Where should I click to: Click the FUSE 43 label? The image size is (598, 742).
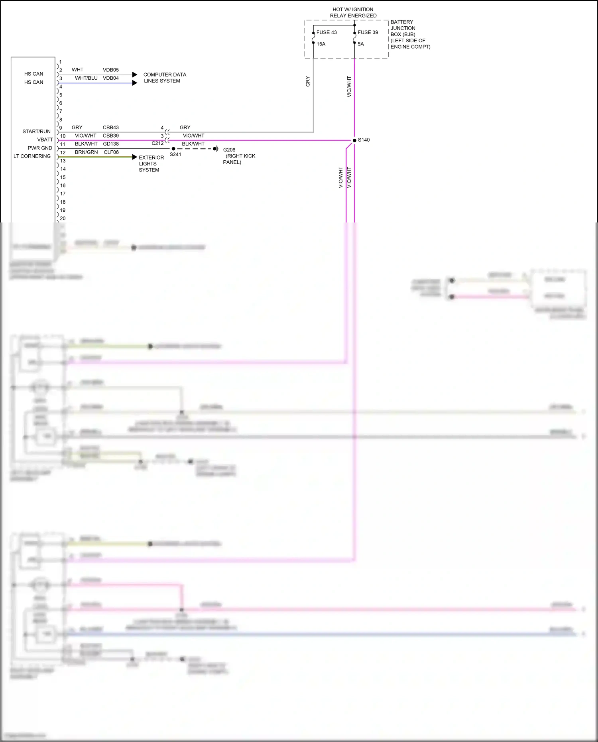point(326,32)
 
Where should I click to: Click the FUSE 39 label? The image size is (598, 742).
point(368,32)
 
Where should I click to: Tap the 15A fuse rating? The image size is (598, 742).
point(321,44)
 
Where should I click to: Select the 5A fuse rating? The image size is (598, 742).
point(361,44)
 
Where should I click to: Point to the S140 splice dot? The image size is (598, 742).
point(354,140)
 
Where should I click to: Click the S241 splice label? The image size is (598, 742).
point(175,154)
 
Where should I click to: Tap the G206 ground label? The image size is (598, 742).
point(229,150)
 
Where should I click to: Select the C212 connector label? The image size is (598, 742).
point(157,143)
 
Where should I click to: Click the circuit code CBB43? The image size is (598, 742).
point(111,128)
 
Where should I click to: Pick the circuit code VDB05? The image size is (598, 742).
point(111,70)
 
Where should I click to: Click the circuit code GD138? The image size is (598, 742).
point(111,144)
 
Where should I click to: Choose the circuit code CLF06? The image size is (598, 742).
point(111,152)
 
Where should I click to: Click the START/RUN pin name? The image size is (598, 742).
point(36,132)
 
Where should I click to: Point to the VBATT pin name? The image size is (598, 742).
point(45,140)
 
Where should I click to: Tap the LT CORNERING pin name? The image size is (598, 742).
point(32,156)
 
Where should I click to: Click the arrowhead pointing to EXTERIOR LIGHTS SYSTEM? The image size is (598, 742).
point(135,157)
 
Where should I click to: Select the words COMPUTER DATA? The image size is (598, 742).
point(165,75)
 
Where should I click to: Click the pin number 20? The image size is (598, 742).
point(63,218)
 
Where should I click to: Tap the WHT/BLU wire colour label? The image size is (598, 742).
point(86,78)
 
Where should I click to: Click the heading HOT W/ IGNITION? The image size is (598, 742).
point(353,10)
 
